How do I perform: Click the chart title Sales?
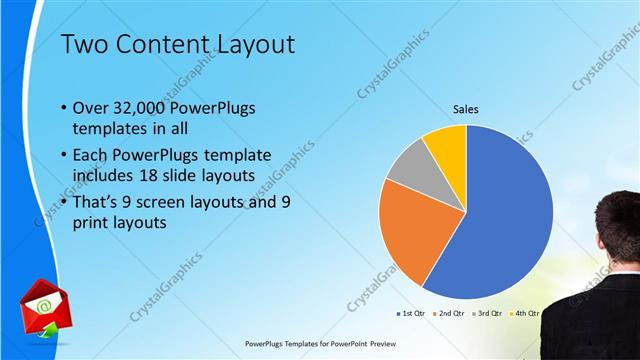pos(466,108)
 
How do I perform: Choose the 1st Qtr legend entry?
pos(413,314)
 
